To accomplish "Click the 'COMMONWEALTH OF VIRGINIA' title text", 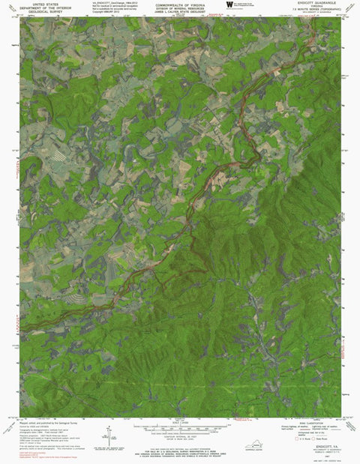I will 179,4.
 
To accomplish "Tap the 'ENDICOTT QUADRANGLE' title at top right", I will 318,3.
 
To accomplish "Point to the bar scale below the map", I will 178,424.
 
